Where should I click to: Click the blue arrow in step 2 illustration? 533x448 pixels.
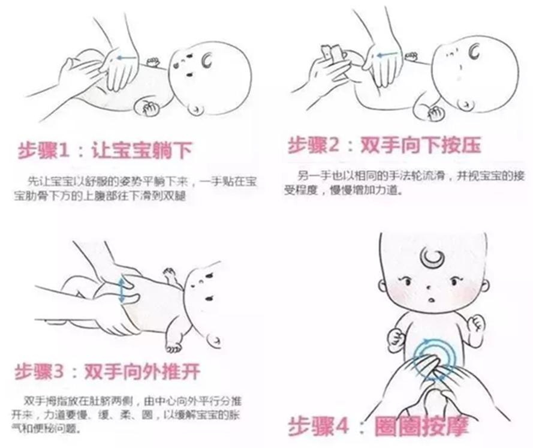point(389,54)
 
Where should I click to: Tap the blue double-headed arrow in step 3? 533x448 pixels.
point(122,290)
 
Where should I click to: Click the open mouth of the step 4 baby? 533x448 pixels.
point(431,299)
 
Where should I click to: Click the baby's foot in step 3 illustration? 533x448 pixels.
point(173,347)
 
